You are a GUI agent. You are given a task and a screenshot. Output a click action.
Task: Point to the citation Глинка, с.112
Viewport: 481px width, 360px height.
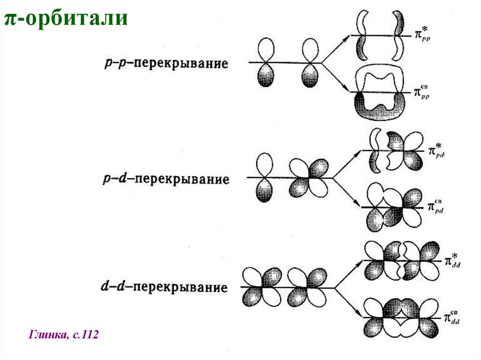pos(64,335)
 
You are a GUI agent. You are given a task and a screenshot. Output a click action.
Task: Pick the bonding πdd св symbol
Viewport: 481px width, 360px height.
pos(451,317)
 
